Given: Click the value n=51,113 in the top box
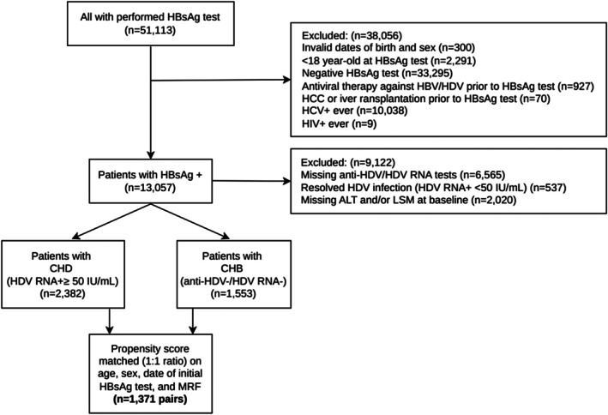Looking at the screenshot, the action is coord(150,30).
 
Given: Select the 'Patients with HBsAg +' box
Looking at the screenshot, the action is coord(150,181).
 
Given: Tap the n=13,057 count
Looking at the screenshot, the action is coord(150,188).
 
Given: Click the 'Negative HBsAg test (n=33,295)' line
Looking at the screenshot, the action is coord(377,73).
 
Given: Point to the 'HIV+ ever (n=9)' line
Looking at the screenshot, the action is coord(340,123).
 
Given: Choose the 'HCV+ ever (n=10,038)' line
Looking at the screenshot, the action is coord(355,111).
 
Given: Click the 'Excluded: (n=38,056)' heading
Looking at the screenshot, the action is coord(352,36).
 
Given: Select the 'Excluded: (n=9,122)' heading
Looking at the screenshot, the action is coord(348,162).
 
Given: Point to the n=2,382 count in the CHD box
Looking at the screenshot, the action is coord(63,294).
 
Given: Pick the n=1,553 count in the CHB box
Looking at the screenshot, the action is coord(233,294).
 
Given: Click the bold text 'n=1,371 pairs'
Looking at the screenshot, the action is coord(150,399).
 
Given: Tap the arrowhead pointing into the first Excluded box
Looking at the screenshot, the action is coord(287,80).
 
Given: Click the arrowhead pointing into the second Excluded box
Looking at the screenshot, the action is coord(287,181).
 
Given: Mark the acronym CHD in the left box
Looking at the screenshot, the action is coord(61,268).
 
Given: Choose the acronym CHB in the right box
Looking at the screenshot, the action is coord(232,268).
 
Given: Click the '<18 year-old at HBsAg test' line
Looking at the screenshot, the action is coord(389,61).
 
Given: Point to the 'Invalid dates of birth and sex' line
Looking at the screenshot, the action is coord(388,48).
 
